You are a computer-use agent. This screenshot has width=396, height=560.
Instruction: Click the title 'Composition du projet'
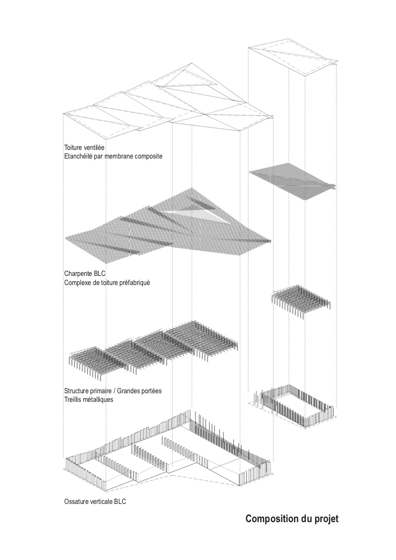coord(292,519)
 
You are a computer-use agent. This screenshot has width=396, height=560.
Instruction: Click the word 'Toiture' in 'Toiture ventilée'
coord(73,148)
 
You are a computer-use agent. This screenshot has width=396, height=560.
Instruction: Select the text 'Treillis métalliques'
coord(89,399)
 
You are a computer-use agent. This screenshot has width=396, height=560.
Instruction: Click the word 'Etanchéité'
coord(79,156)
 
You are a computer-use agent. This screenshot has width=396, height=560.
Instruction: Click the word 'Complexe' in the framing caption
coord(77,283)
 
